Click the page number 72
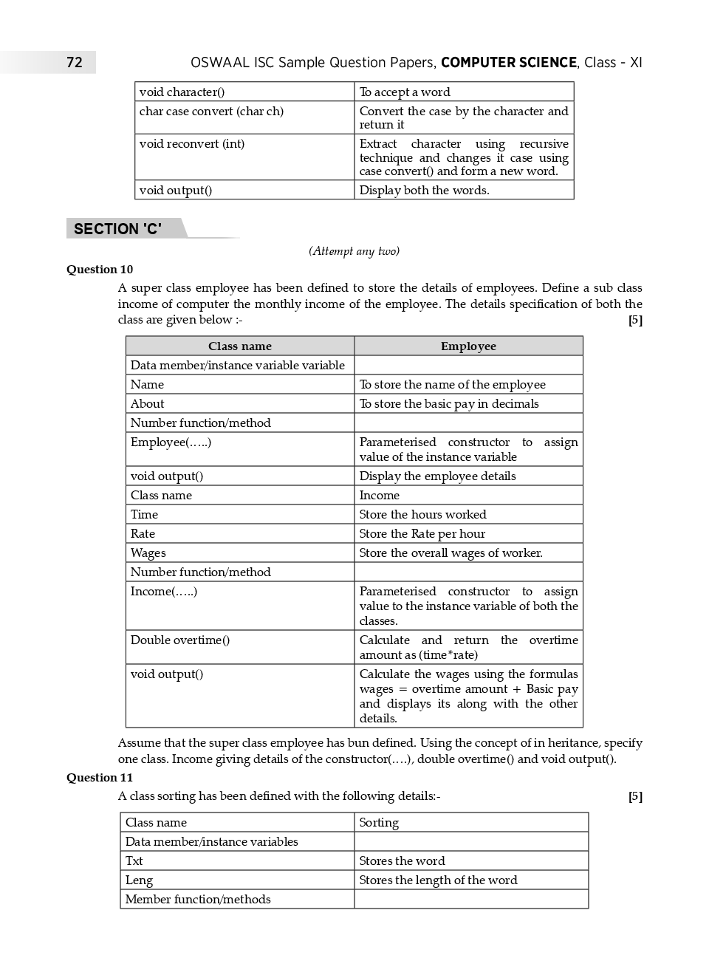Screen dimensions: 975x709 click(x=75, y=62)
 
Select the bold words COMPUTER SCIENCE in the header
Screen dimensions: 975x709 click(x=508, y=63)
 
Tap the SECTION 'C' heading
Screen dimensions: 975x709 click(x=117, y=229)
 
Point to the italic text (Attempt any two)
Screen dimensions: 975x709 click(x=354, y=251)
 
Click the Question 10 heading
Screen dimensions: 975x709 click(x=100, y=270)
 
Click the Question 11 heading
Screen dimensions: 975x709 click(x=100, y=778)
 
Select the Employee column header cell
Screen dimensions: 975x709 click(x=468, y=346)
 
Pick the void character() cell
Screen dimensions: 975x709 click(x=182, y=92)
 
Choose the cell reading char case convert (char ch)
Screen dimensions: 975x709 click(x=211, y=112)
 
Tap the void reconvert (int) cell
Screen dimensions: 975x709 click(x=191, y=144)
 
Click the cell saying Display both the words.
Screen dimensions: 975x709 click(x=424, y=191)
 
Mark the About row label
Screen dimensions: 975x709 click(x=148, y=404)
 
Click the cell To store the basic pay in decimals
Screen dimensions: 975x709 click(x=449, y=404)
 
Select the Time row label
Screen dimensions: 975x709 click(x=144, y=515)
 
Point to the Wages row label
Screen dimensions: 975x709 click(x=148, y=553)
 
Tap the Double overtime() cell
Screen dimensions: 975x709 click(x=180, y=640)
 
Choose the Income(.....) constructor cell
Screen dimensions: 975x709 click(x=164, y=592)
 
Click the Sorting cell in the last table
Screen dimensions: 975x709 click(x=379, y=823)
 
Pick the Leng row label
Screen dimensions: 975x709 click(x=139, y=880)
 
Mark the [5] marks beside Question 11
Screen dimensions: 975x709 click(x=635, y=797)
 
